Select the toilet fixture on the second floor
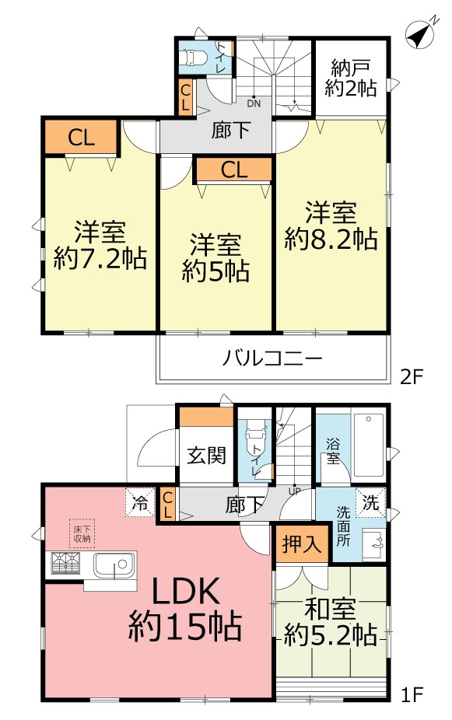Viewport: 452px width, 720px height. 192,58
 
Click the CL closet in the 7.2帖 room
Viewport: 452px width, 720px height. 80,138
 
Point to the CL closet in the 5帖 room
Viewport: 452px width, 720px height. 233,170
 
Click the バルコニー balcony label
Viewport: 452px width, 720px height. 272,359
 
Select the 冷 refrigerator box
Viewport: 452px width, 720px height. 138,502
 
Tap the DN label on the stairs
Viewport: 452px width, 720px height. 254,101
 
